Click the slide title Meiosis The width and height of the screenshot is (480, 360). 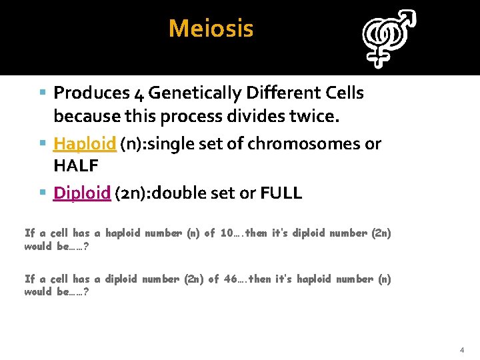click(211, 29)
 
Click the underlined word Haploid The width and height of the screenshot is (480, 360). click(85, 143)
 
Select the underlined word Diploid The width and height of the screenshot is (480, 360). click(81, 193)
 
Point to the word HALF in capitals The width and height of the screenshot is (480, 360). click(76, 165)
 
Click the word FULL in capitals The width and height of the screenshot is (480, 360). click(281, 193)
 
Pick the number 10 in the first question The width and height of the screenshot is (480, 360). click(227, 233)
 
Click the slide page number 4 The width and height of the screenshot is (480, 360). click(461, 349)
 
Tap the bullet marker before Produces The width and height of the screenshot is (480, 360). click(43, 93)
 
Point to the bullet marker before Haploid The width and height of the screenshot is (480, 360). click(43, 143)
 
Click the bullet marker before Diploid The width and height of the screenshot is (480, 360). click(43, 193)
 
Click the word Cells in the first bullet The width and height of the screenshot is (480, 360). click(344, 93)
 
